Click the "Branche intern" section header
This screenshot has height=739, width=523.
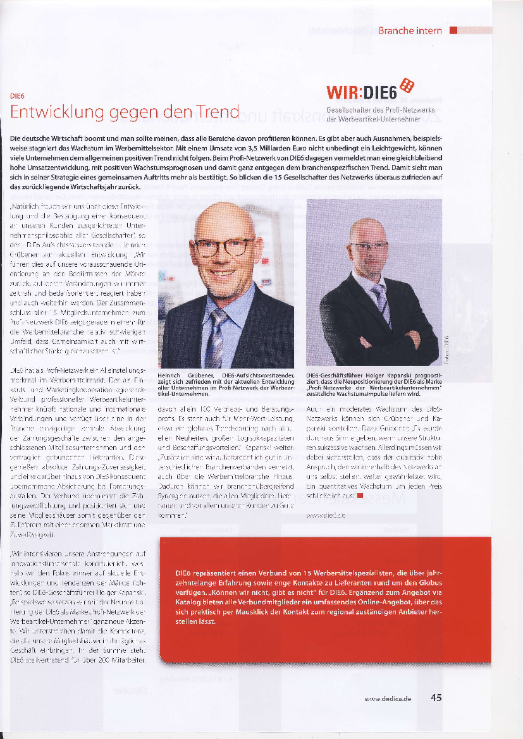[410, 30]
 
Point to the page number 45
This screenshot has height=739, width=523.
[436, 698]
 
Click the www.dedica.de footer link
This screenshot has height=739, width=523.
[388, 699]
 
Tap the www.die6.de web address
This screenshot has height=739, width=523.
[325, 516]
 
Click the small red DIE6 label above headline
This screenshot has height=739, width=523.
[17, 96]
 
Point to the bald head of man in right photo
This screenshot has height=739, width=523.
[367, 229]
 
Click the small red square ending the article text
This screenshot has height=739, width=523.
[359, 496]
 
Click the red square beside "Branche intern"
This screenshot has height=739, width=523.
[453, 30]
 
